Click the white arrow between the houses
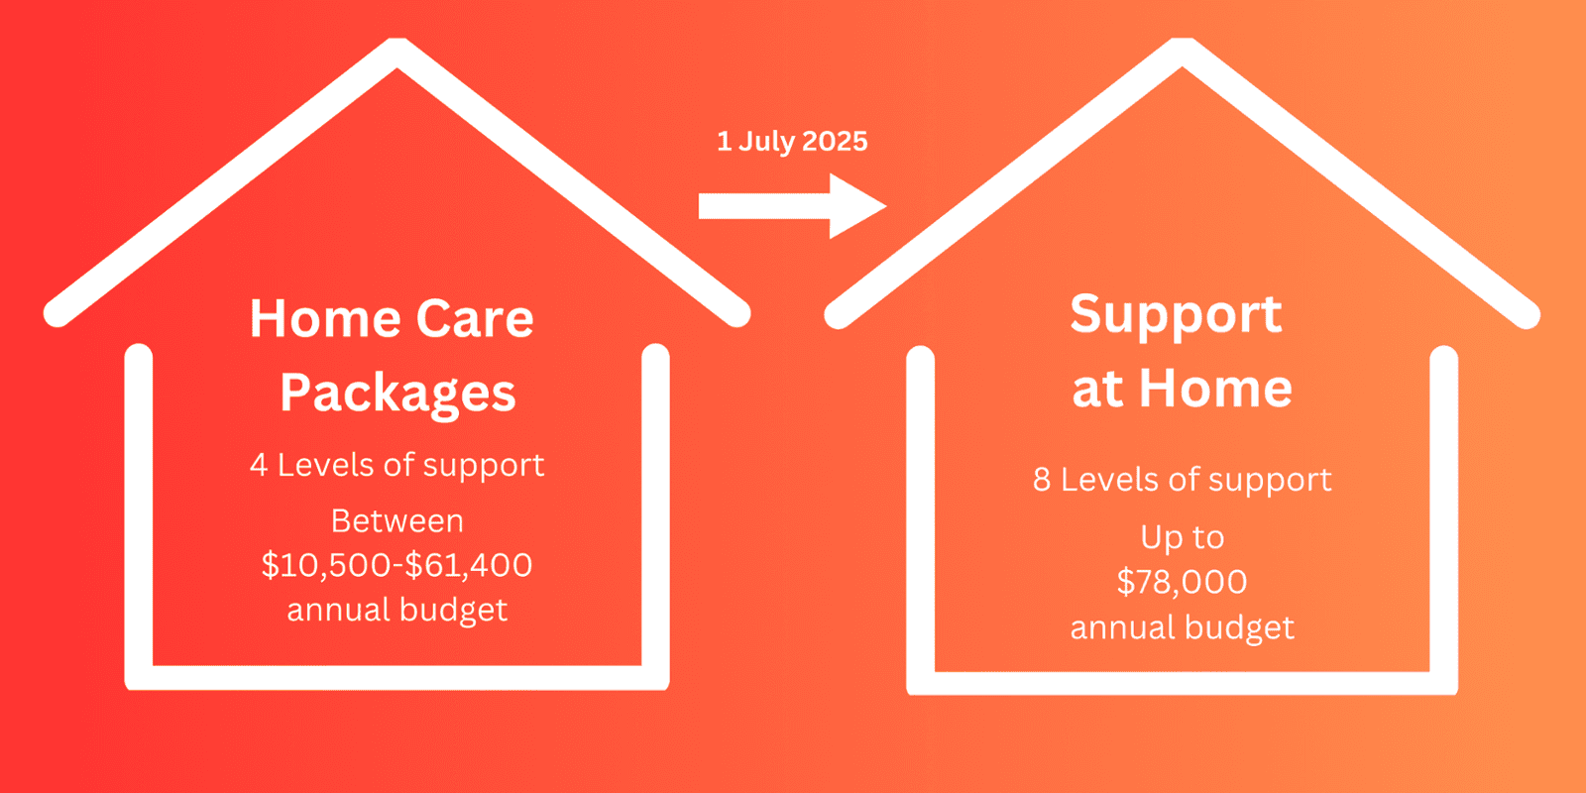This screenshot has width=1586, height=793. click(x=792, y=206)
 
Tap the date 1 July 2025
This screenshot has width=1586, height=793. click(x=792, y=141)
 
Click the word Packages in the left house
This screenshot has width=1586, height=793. click(x=397, y=394)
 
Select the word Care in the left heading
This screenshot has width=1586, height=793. click(x=475, y=318)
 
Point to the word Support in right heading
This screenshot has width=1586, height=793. click(x=1176, y=314)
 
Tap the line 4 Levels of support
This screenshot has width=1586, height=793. click(x=397, y=466)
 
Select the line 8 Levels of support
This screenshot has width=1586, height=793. click(x=1182, y=480)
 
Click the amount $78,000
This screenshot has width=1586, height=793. click(x=1182, y=582)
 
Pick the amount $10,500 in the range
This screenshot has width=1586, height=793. click(x=326, y=565)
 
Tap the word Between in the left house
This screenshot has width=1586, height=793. click(x=397, y=521)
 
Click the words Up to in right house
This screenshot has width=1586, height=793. click(x=1182, y=537)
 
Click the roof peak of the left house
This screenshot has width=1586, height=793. click(x=397, y=44)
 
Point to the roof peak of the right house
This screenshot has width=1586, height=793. click(x=1182, y=44)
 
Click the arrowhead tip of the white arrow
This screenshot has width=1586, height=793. click(x=886, y=206)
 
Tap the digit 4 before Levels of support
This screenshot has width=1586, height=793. click(x=259, y=466)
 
